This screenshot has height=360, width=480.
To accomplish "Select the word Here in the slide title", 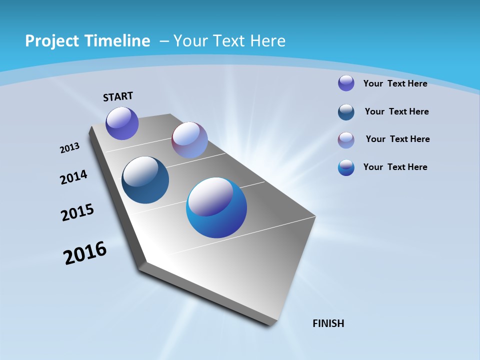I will [267, 41].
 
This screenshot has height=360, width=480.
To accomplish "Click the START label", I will [118, 96].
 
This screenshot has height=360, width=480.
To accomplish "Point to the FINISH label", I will [328, 323].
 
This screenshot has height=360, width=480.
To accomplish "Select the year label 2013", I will [70, 148].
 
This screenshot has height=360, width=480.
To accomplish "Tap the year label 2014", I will [73, 177].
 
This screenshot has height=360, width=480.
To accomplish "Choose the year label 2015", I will [77, 213].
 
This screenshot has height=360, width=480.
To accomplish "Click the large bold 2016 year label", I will [85, 253].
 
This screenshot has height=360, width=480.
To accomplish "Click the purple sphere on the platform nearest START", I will [122, 123].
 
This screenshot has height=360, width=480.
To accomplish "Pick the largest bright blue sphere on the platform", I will [216, 207].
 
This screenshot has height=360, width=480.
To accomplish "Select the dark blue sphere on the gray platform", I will [145, 180].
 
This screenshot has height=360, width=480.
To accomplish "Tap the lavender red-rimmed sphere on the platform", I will [189, 140].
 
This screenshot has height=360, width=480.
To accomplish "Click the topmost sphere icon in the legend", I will [346, 83].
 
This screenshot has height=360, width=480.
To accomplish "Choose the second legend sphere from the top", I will [346, 112].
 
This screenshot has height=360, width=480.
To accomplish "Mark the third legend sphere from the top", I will [346, 140].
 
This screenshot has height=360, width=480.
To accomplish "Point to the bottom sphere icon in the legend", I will [346, 167].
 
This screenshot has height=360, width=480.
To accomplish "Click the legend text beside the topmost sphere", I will [395, 83].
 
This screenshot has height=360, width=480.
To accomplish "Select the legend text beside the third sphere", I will [397, 139].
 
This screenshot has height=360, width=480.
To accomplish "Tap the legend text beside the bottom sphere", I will [395, 167].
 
